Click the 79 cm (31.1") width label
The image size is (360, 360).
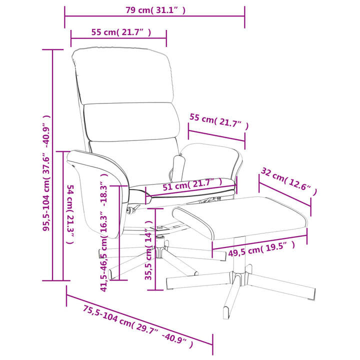pos(155,10)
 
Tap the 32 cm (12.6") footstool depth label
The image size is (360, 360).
pos(289,181)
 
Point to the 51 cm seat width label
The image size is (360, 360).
pos(192,184)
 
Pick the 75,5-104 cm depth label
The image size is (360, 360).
pos(138,326)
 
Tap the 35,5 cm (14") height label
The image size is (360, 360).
pos(149,250)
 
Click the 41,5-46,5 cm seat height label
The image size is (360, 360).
pos(104,232)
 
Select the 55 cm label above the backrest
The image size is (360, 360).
pos(121,32)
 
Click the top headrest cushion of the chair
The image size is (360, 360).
pos(123,76)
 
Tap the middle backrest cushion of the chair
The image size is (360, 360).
pos(132,121)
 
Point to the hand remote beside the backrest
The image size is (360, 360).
pos(179,166)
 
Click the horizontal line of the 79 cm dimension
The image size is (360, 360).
pos(154,16)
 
